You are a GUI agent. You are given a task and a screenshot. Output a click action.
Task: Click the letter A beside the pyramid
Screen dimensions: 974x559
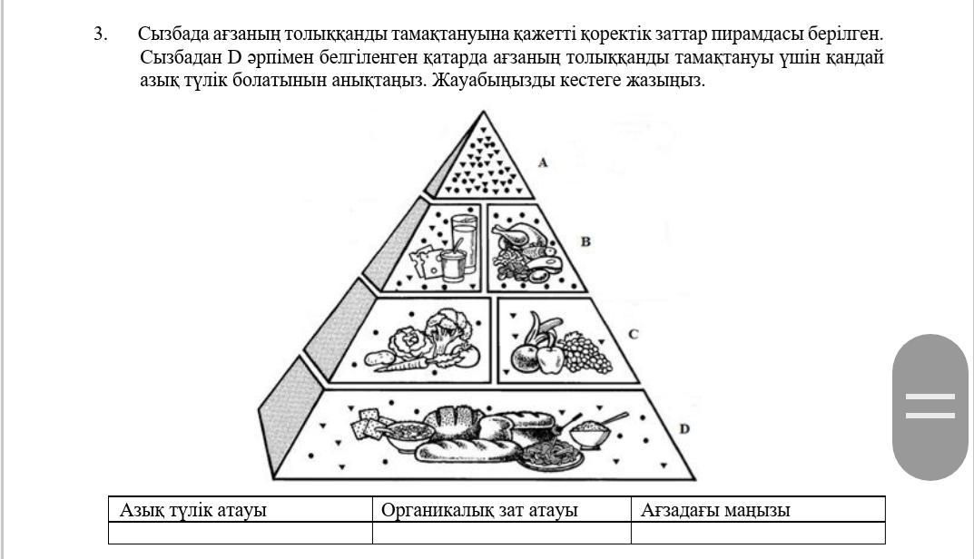point(543,162)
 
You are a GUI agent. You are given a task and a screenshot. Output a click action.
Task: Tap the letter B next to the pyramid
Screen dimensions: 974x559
point(585,241)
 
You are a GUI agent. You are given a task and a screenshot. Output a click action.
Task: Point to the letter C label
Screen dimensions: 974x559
point(633,334)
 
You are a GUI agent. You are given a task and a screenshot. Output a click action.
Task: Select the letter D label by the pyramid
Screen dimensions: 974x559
point(684,428)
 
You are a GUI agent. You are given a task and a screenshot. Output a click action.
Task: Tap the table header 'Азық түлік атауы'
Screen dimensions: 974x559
point(192,510)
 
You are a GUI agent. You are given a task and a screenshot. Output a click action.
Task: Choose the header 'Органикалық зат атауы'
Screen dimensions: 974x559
point(479,510)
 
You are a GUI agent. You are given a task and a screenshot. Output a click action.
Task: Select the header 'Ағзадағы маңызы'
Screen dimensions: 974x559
point(715,510)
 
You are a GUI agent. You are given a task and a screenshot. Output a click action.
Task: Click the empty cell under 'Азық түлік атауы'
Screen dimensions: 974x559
point(241,533)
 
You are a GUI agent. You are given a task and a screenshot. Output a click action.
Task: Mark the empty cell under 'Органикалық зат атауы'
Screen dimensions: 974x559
point(502,533)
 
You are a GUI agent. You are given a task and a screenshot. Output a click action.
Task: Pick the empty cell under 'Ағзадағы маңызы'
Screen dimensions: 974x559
point(758,533)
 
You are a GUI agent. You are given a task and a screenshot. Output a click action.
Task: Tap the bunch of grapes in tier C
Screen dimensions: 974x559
point(586,353)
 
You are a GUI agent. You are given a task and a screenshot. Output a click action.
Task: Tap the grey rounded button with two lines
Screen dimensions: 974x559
point(930,407)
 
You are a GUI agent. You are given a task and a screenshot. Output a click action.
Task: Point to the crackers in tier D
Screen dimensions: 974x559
point(369,422)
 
